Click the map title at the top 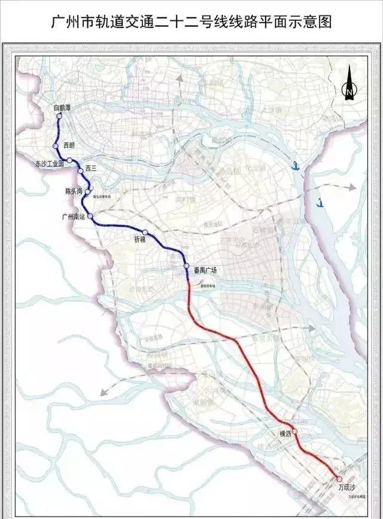pyautogui.click(x=191, y=22)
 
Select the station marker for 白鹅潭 pyautogui.click(x=59, y=117)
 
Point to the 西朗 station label pyautogui.click(x=69, y=145)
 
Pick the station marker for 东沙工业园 pyautogui.click(x=70, y=160)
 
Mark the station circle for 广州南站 pyautogui.click(x=90, y=216)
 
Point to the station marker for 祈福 pyautogui.click(x=145, y=232)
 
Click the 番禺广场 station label pyautogui.click(x=205, y=270)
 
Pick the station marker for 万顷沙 pyautogui.click(x=339, y=479)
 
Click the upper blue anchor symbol pyautogui.click(x=295, y=166)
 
